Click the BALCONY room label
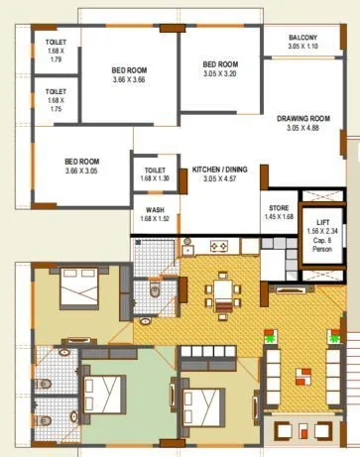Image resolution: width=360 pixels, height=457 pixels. click(303, 37)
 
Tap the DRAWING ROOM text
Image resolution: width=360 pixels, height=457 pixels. click(302, 118)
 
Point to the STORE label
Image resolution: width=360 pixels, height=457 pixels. click(280, 206)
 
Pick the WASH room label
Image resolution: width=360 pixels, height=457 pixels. click(154, 209)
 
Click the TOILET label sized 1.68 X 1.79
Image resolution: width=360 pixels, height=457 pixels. click(55, 43)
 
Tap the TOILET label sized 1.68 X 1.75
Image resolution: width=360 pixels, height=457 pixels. click(55, 93)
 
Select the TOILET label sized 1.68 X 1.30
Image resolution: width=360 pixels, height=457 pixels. click(154, 171)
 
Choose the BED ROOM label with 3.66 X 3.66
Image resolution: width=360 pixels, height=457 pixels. click(129, 70)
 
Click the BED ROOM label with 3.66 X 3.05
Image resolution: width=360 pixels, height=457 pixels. click(83, 161)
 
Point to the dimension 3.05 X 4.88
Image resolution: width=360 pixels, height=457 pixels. click(302, 128)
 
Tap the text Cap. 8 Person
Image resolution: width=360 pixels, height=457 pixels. click(324, 245)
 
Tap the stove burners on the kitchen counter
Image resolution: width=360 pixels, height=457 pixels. click(220, 247)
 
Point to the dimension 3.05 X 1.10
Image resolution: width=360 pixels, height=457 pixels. click(303, 46)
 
